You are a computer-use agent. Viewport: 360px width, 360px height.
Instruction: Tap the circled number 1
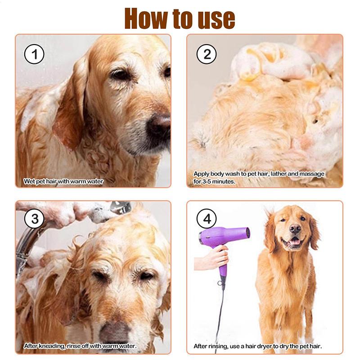[34, 55]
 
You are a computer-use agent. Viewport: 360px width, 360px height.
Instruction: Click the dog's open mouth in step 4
[295, 243]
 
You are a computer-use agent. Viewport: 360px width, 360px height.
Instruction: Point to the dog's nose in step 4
[295, 229]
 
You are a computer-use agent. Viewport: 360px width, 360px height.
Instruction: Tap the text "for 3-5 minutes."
[215, 182]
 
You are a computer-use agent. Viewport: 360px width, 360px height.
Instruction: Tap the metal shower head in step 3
[120, 207]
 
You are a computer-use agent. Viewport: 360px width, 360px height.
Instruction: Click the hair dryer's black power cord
[219, 315]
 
